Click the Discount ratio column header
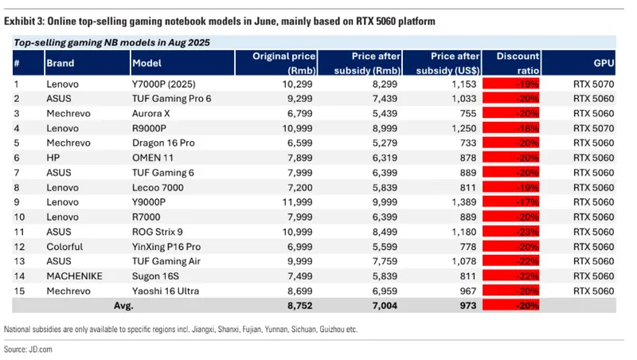(x=518, y=61)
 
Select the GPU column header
(x=603, y=62)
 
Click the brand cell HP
(x=53, y=158)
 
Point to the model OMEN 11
(x=154, y=158)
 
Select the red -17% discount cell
(x=518, y=203)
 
